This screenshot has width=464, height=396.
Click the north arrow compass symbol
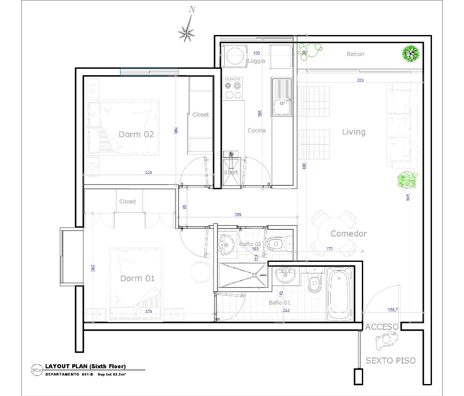click(187, 31)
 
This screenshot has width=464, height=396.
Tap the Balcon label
click(355, 54)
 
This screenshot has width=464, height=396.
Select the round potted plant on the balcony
click(410, 53)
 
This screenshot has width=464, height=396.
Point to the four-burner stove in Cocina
click(232, 88)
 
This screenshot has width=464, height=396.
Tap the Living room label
click(354, 132)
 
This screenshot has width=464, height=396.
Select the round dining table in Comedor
click(335, 233)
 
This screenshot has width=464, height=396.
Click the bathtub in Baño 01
click(339, 295)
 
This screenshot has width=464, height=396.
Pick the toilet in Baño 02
click(276, 244)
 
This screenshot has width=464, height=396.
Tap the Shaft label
click(231, 173)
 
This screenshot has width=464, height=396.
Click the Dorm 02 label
click(136, 134)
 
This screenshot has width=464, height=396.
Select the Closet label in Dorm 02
click(200, 114)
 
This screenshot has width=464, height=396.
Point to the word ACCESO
click(382, 327)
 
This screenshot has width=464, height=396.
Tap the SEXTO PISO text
click(390, 361)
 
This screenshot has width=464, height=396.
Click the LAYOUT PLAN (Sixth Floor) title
click(85, 366)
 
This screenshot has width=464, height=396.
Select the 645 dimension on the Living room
click(408, 197)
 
